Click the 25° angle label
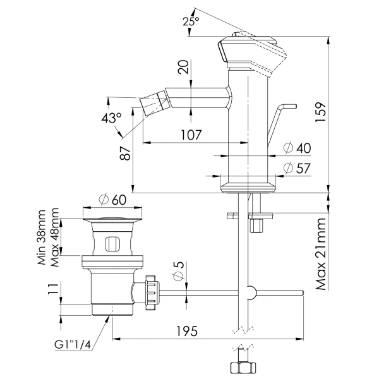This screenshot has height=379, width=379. (x=190, y=21)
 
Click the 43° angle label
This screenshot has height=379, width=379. (x=111, y=118)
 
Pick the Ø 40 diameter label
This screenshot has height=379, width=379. (x=297, y=148)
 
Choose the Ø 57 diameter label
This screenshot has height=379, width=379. (x=297, y=167)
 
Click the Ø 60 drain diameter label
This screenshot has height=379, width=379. (x=113, y=200)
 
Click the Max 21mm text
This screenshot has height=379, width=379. (x=322, y=253)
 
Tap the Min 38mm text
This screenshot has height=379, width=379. (x=42, y=238)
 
